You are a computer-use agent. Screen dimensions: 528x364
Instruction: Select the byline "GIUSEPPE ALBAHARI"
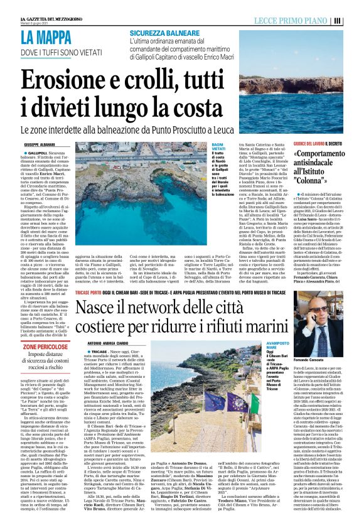[x=40, y=144]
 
